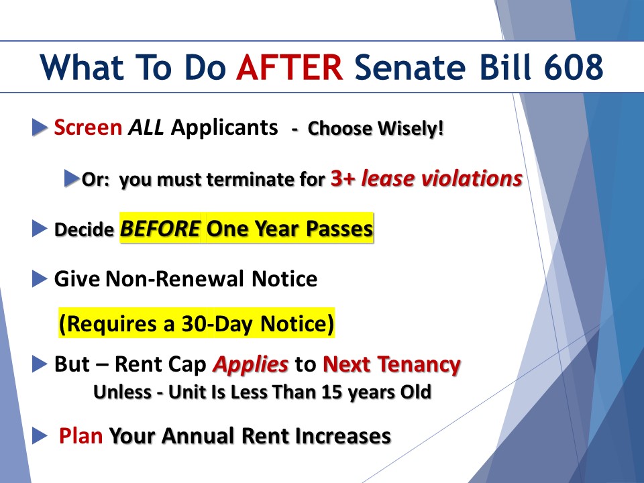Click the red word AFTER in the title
(289, 67)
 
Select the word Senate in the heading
(410, 67)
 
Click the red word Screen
(88, 127)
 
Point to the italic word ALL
(146, 127)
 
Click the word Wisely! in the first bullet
(411, 129)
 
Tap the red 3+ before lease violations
(343, 178)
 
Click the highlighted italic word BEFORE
(160, 229)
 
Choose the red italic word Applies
(250, 365)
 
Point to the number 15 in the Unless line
(332, 392)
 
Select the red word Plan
(80, 436)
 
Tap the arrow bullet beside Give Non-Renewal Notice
(40, 279)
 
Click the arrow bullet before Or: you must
(72, 178)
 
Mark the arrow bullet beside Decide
(40, 229)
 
